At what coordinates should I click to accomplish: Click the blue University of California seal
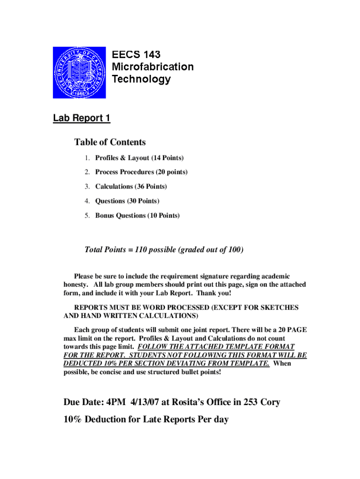tap(79, 72)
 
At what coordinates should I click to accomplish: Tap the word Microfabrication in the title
tap(152, 67)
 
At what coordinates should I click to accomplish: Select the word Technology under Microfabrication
tap(141, 79)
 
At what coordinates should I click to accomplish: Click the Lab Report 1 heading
tap(81, 118)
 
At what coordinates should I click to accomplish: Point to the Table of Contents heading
tap(110, 142)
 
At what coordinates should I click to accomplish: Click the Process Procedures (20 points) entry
tap(141, 172)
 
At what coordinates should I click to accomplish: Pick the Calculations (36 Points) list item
tap(131, 187)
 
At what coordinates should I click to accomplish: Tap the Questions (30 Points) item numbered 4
tap(127, 201)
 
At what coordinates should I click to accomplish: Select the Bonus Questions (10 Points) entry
tap(137, 216)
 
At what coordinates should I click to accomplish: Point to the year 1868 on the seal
tap(79, 92)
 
